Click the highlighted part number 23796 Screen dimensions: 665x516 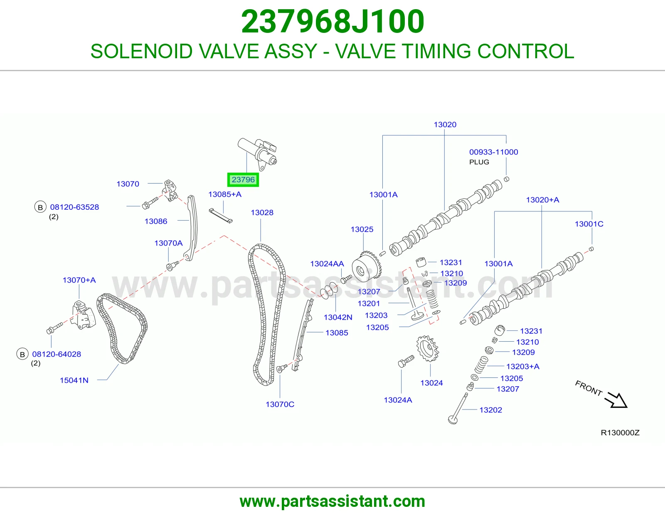(243, 179)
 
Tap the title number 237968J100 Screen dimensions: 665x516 (332, 21)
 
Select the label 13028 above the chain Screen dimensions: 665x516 (262, 212)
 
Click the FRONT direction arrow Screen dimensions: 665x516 (617, 400)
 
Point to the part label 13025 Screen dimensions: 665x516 (362, 229)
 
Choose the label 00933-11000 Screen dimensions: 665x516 (494, 152)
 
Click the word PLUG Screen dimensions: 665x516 (479, 162)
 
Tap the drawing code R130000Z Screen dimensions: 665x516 (620, 433)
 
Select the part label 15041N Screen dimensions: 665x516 (74, 380)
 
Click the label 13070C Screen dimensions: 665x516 (280, 404)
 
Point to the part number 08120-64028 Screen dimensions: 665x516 (57, 354)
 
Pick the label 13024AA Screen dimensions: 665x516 (327, 264)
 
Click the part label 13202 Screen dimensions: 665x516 (490, 410)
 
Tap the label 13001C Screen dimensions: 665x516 (589, 224)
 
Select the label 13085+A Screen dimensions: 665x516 (225, 194)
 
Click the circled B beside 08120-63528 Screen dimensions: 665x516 (40, 207)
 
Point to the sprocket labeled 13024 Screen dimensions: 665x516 (428, 348)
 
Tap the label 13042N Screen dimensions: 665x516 (338, 318)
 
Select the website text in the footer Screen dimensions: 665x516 (332, 501)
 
